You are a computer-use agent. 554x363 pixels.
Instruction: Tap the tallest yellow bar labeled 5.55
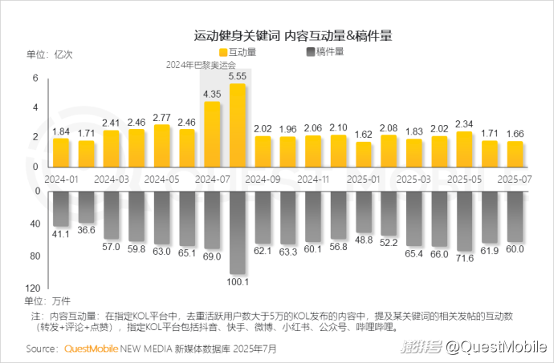tap(237, 123)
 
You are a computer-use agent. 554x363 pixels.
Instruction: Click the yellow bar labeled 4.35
tap(212, 132)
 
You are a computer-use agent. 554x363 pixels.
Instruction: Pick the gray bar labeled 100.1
tap(237, 232)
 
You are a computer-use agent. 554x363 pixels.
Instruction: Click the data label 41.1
tap(61, 233)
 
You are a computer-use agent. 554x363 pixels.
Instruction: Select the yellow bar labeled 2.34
tap(463, 147)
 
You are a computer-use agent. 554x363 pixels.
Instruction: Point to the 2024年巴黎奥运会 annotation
tap(202, 65)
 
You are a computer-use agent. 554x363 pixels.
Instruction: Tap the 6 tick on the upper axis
tap(36, 78)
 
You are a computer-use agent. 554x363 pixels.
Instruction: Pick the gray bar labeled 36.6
tap(86, 207)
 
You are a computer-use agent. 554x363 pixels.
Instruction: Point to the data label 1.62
tap(363, 135)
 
